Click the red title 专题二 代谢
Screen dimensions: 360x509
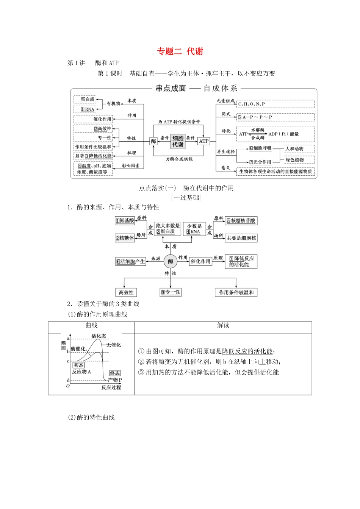pos(180,52)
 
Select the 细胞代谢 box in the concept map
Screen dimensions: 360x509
pos(178,141)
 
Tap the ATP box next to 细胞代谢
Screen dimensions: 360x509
pos(204,141)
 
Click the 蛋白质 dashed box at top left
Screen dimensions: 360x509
pos(85,99)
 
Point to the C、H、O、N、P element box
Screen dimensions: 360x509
pos(275,104)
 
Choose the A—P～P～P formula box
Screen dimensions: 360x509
pos(275,117)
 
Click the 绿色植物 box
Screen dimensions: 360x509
pos(299,160)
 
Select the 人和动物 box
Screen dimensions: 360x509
pos(299,149)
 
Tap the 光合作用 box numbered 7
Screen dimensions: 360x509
pos(260,162)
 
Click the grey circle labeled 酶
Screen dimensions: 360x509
pos(171,261)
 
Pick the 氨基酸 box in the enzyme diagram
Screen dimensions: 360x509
pos(125,220)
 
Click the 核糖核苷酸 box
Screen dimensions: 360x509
pos(241,220)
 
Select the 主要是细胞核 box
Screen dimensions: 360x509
pos(241,238)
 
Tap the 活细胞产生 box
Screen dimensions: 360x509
pos(131,261)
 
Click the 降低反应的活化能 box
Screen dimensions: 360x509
pos(241,261)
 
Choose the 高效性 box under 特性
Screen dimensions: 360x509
pos(126,292)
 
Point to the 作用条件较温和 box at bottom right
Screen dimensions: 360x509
pos(236,292)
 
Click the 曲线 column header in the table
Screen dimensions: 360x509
pos(91,325)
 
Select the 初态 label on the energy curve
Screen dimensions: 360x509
pos(79,365)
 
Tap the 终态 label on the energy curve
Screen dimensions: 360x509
pos(115,373)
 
